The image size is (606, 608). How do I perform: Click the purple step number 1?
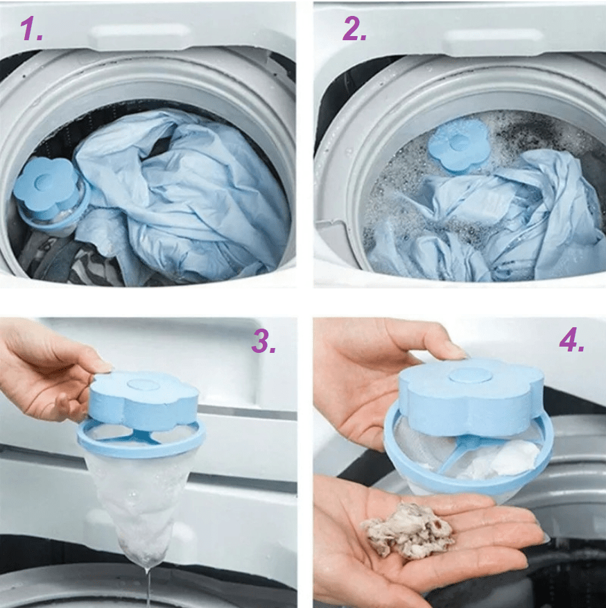pyautogui.click(x=31, y=29)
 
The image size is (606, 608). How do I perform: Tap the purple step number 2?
pyautogui.click(x=354, y=29)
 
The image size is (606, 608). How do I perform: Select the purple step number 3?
pyautogui.click(x=263, y=342)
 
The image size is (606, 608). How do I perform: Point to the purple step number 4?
pyautogui.click(x=571, y=340)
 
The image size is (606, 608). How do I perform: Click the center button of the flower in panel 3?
pyautogui.click(x=143, y=385)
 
